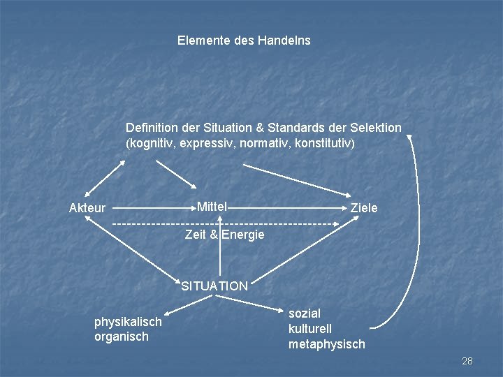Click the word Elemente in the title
(201, 40)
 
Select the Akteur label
(87, 208)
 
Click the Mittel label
(212, 207)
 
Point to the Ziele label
(364, 208)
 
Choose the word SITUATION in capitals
(214, 286)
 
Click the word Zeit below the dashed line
(196, 235)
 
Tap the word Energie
(243, 235)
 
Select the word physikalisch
(128, 322)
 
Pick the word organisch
(122, 337)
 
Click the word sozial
(304, 314)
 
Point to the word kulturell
(310, 329)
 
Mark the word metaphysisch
(327, 344)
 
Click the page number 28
(467, 361)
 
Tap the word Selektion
(375, 128)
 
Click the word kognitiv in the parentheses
(150, 143)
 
